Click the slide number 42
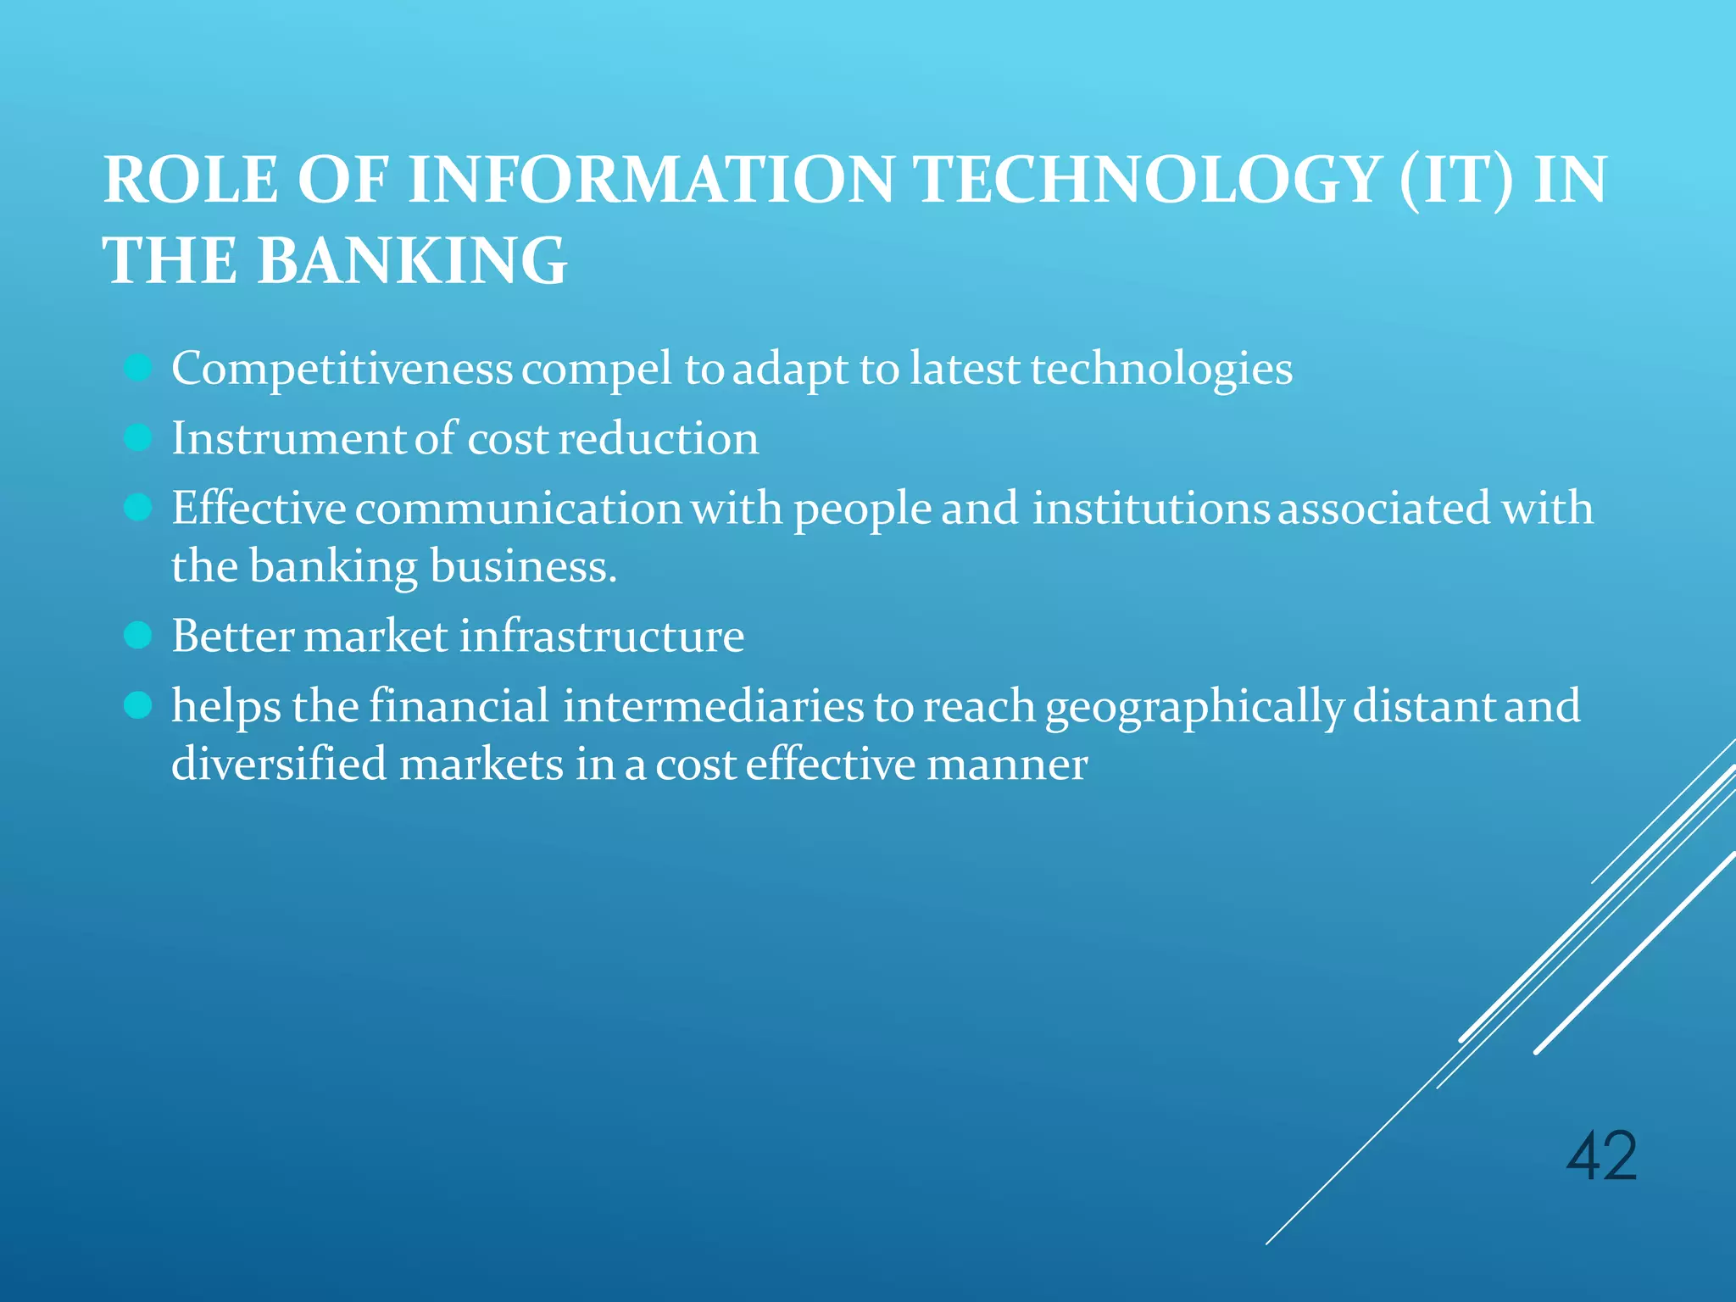pos(1601,1156)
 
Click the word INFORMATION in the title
pos(651,180)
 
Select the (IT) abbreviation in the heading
pos(1455,180)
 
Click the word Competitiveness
pos(342,369)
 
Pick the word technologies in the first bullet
pos(1161,369)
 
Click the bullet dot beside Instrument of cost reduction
pos(137,438)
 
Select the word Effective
pos(259,508)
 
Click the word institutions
pos(1150,508)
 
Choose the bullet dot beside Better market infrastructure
pos(137,635)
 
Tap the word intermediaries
pos(714,706)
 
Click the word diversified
pos(280,764)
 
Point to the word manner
pos(1007,765)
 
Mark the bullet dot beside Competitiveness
pos(137,369)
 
